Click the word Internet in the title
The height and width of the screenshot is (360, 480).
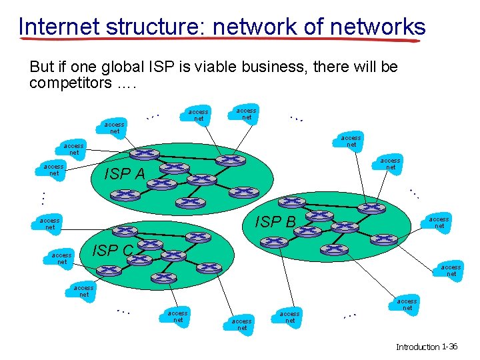coord(58,27)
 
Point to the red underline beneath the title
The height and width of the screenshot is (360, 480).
coord(220,41)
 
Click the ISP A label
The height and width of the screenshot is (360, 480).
coord(125,175)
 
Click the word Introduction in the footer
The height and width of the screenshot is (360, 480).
coord(418,347)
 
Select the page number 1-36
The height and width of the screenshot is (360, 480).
coord(449,347)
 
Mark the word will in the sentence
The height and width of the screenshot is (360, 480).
coord(372,67)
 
